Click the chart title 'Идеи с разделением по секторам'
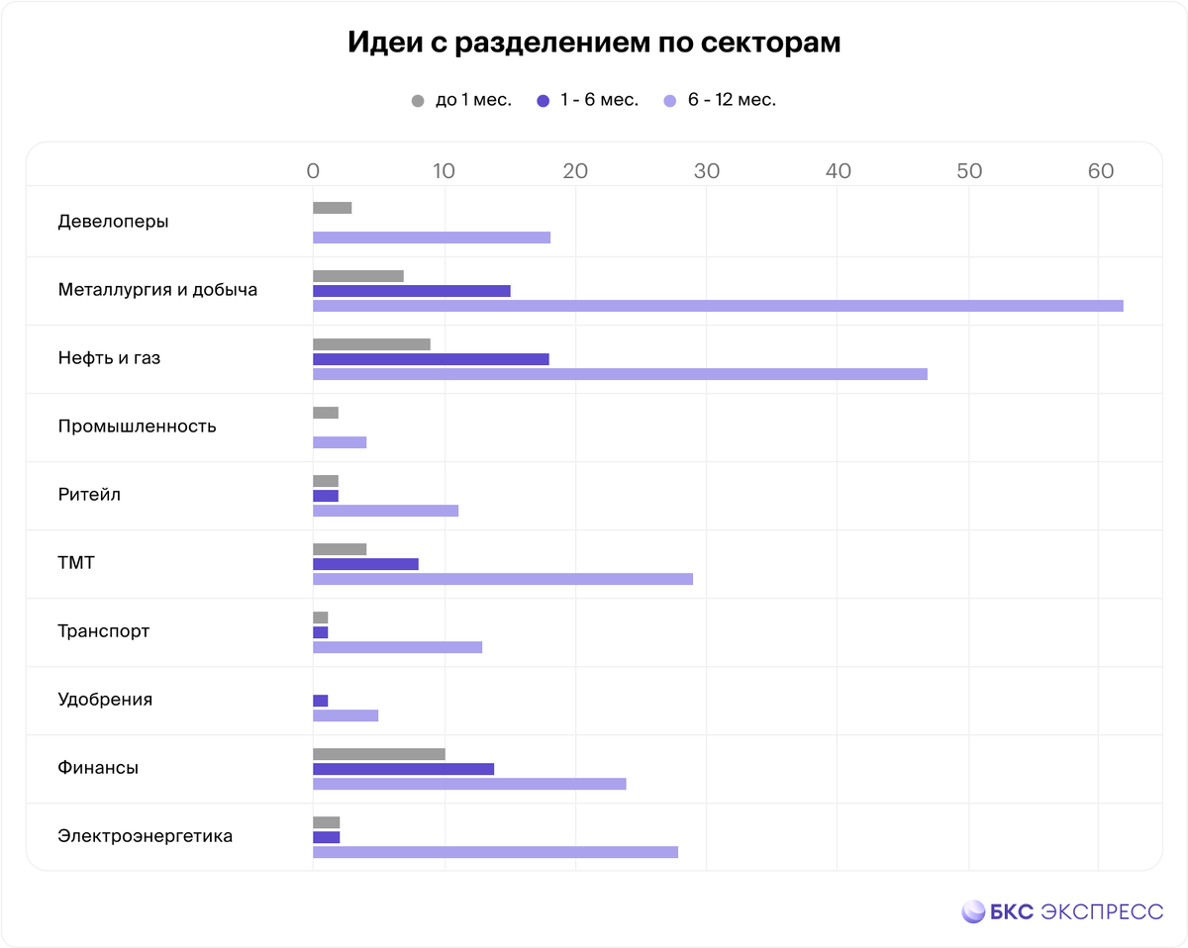pos(594,44)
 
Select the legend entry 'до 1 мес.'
pos(461,100)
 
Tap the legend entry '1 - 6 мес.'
pos(588,100)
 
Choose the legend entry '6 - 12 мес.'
pos(720,100)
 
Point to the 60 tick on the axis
pos(1100,171)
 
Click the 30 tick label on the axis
pos(706,171)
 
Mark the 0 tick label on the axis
pos(313,171)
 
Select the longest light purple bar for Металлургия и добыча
pos(718,306)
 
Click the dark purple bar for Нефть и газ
pos(431,359)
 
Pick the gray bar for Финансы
pos(378,754)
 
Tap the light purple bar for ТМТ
pos(502,579)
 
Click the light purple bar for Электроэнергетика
pos(495,852)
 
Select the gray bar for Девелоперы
pos(332,208)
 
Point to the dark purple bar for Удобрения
pos(320,701)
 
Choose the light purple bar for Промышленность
pos(340,442)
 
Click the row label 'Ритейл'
pos(89,495)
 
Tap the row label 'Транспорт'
pos(104,631)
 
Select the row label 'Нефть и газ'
pos(109,358)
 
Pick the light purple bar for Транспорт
pos(397,647)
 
